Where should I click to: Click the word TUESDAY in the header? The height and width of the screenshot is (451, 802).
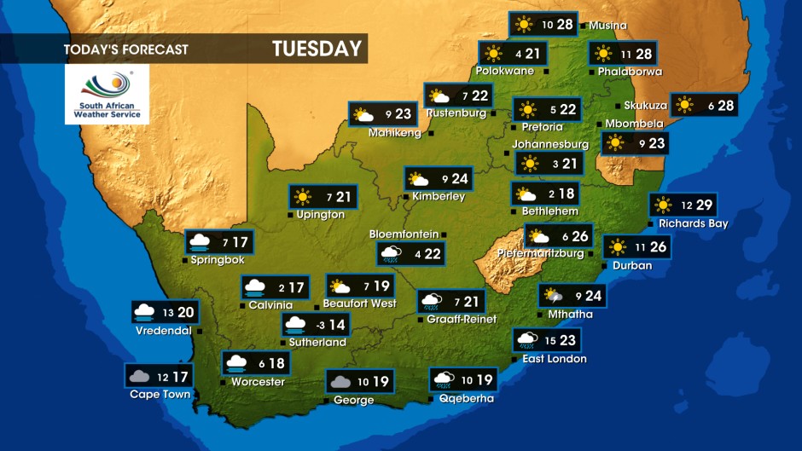(317, 49)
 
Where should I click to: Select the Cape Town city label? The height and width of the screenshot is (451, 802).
(160, 394)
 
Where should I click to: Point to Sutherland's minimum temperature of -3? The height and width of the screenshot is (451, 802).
(320, 325)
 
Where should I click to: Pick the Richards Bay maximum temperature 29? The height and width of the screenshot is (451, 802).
(703, 205)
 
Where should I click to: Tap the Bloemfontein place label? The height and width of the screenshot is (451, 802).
(404, 234)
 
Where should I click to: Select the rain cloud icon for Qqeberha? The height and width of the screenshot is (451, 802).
(444, 379)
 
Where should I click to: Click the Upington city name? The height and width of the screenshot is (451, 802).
(320, 215)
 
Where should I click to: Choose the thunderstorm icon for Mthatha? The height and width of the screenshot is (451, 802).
(554, 296)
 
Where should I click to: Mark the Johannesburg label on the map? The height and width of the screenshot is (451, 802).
(550, 144)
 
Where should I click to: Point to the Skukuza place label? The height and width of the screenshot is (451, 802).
(645, 105)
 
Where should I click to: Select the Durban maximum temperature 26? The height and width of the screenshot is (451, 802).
(657, 247)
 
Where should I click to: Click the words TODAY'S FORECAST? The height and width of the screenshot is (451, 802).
(125, 49)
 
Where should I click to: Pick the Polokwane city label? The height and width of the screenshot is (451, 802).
(504, 71)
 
